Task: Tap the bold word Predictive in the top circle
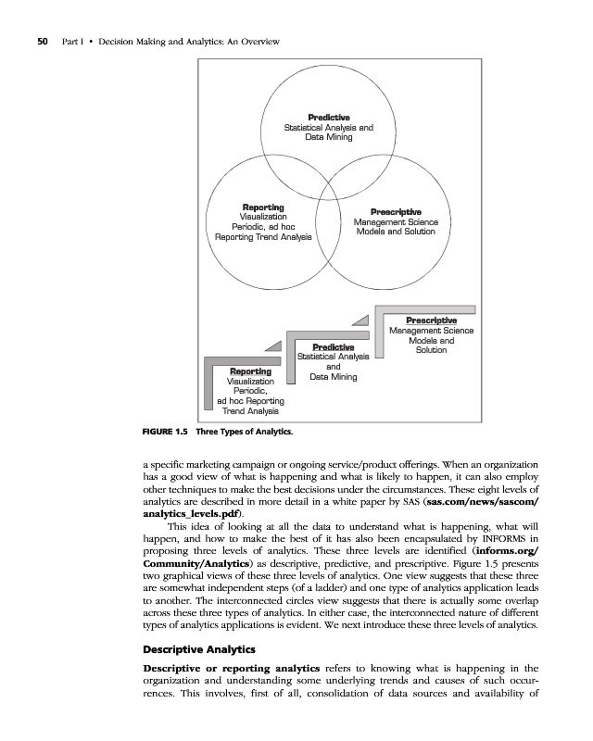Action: tap(328, 118)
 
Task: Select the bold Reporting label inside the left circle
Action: tap(263, 206)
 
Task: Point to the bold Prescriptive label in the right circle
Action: tap(396, 212)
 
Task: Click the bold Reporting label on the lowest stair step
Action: tap(250, 371)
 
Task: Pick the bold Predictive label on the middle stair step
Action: tap(334, 347)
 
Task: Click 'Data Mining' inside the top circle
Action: tap(328, 137)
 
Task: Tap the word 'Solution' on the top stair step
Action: tap(431, 350)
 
